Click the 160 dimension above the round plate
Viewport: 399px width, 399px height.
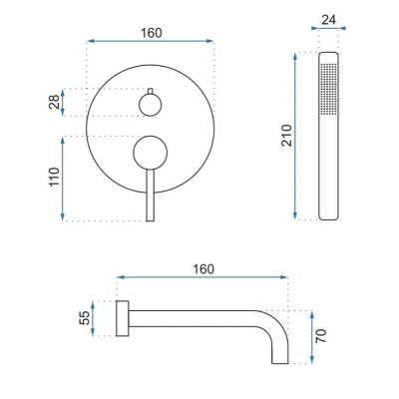click(x=151, y=33)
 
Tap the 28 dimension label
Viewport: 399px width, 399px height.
click(x=55, y=102)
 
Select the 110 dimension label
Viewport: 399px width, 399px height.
click(x=55, y=177)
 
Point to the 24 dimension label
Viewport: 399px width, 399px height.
click(x=328, y=20)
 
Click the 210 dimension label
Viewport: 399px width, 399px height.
click(x=286, y=136)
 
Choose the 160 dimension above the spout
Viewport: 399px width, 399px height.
click(x=203, y=269)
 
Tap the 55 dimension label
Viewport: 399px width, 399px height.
click(x=85, y=318)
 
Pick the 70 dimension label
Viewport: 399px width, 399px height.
click(x=321, y=336)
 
